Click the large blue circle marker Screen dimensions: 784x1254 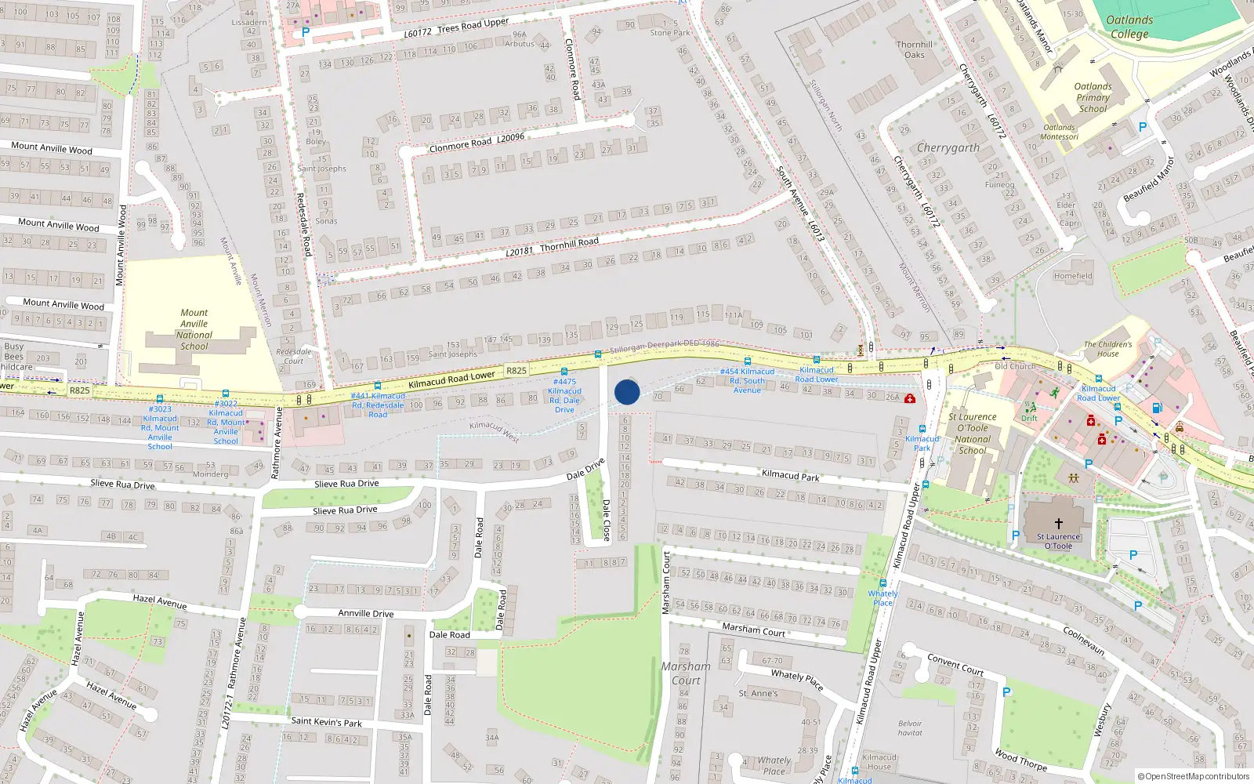click(x=627, y=392)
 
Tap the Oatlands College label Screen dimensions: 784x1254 click(x=1129, y=27)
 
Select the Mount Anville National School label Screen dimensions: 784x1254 click(x=194, y=329)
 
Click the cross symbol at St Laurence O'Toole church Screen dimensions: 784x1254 click(x=1058, y=523)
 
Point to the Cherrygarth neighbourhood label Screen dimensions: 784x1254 click(x=948, y=147)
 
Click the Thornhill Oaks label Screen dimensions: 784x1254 click(x=915, y=49)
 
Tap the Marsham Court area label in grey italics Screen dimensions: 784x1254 click(x=686, y=673)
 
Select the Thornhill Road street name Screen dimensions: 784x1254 click(x=552, y=246)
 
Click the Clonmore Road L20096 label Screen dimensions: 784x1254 click(x=477, y=143)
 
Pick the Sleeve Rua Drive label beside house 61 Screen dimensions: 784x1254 click(x=122, y=484)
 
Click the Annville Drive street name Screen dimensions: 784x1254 click(x=365, y=613)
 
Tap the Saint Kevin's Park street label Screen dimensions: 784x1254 click(x=327, y=721)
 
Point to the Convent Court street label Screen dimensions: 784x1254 click(x=955, y=664)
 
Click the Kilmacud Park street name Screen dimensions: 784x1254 click(x=790, y=474)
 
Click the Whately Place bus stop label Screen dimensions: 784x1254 click(x=883, y=598)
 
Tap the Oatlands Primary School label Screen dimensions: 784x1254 click(x=1093, y=98)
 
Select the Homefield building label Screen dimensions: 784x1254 click(x=1072, y=276)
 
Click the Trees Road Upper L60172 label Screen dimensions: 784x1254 click(x=456, y=28)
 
